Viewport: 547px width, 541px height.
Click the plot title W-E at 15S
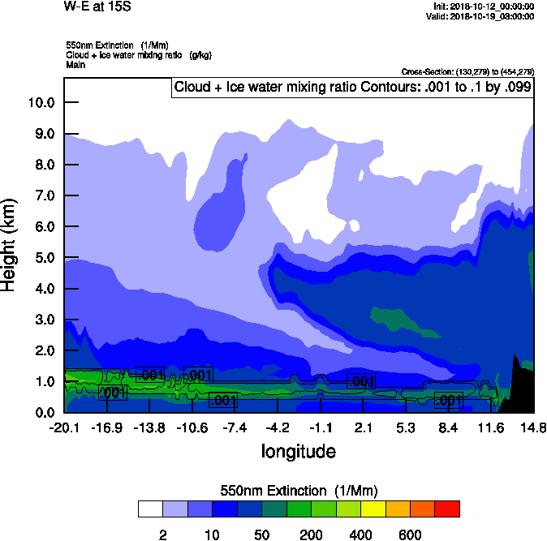coord(97,6)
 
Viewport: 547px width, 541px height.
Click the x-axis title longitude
coord(298,451)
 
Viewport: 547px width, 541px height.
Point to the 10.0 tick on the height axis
coord(41,102)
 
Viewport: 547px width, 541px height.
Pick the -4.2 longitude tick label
coord(278,427)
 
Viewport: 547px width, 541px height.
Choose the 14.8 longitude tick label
coord(533,427)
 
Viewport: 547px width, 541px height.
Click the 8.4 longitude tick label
coord(448,427)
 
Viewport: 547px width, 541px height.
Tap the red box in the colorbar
coord(447,509)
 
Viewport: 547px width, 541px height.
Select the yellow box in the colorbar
coord(373,509)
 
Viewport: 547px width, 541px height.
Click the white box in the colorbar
coord(150,509)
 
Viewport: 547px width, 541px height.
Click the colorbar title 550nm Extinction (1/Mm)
coord(299,491)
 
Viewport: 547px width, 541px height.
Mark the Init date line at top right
coord(484,6)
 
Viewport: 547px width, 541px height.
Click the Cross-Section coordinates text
coord(467,71)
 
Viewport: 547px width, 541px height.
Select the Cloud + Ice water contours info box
coord(352,88)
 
